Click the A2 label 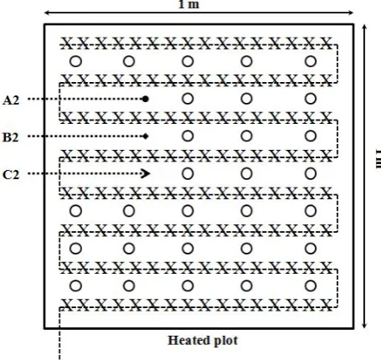click(11, 100)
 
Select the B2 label click(11, 137)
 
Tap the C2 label click(11, 175)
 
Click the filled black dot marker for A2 click(145, 99)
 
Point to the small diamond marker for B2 click(145, 136)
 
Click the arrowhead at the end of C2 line click(146, 173)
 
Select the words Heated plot click(203, 341)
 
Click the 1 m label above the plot click(188, 4)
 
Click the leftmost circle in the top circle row click(75, 61)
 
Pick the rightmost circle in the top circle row click(311, 61)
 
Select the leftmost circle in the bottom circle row click(75, 285)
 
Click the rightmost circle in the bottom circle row click(311, 285)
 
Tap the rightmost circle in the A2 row click(311, 99)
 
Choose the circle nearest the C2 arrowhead click(188, 173)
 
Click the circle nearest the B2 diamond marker click(188, 136)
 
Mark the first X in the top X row click(66, 44)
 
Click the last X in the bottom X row click(327, 305)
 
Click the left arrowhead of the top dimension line click(48, 13)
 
